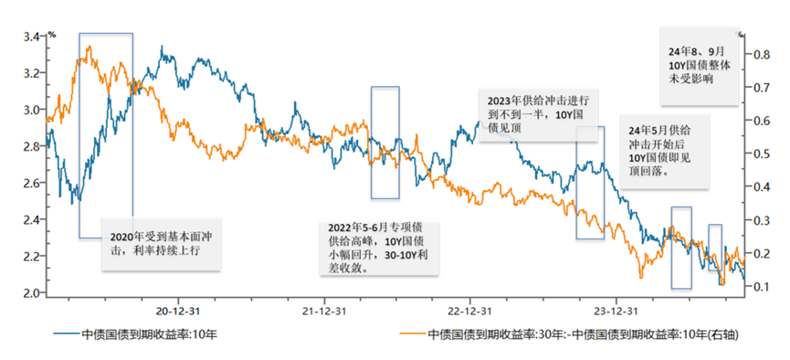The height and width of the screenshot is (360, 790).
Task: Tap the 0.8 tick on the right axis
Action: tap(761, 55)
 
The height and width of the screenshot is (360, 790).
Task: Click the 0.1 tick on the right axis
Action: tap(761, 286)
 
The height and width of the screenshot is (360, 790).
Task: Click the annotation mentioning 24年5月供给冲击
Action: tap(658, 150)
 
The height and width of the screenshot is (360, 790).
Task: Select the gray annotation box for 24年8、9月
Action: tap(698, 66)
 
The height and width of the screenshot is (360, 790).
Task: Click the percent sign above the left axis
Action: tap(52, 32)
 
